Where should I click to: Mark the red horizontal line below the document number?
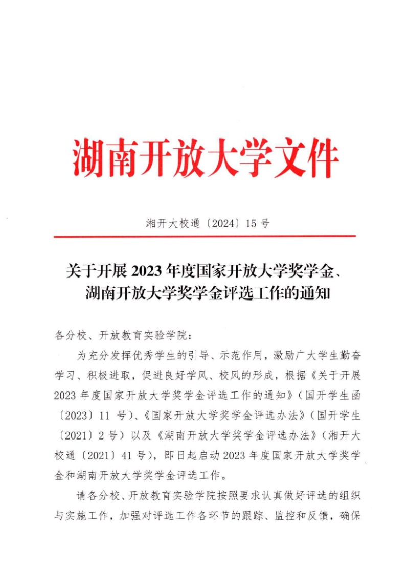[x=204, y=236]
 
